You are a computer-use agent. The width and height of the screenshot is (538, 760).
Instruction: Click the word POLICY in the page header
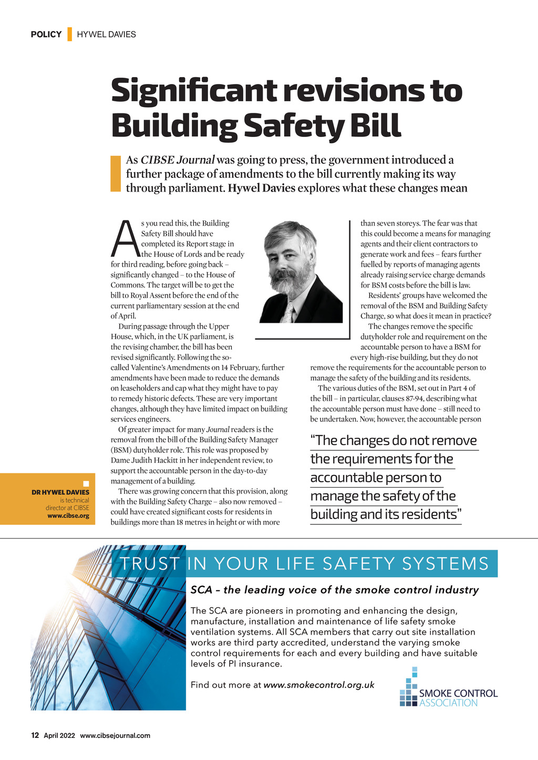pyautogui.click(x=46, y=35)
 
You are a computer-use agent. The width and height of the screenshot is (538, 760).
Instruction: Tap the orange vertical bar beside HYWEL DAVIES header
pyautogui.click(x=69, y=34)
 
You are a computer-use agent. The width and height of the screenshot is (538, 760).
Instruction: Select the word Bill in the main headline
pyautogui.click(x=375, y=125)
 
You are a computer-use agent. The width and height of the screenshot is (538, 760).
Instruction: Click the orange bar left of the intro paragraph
pyautogui.click(x=116, y=173)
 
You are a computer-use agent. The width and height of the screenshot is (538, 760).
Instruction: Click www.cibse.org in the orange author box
pyautogui.click(x=68, y=516)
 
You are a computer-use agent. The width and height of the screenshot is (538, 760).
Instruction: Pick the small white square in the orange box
pyautogui.click(x=86, y=483)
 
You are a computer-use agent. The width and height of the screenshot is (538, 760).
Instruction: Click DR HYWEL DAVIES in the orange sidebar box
pyautogui.click(x=60, y=492)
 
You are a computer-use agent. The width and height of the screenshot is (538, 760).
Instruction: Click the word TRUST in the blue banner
pyautogui.click(x=150, y=564)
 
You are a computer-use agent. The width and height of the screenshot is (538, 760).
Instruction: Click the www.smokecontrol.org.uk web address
pyautogui.click(x=319, y=685)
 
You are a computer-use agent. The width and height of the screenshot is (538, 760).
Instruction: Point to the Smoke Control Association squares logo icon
pyautogui.click(x=409, y=689)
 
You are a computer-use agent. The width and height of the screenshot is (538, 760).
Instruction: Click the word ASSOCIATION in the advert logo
pyautogui.click(x=448, y=703)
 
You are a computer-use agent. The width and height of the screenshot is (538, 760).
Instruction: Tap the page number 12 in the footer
pyautogui.click(x=35, y=735)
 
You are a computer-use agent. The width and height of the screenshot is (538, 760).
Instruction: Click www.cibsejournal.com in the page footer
pyautogui.click(x=115, y=736)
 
